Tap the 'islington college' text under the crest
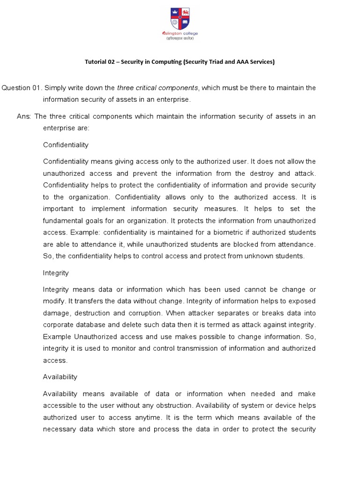180,33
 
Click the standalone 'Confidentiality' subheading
66,145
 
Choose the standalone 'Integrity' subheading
56,273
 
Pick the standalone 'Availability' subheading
60,377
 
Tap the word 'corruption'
144,313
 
